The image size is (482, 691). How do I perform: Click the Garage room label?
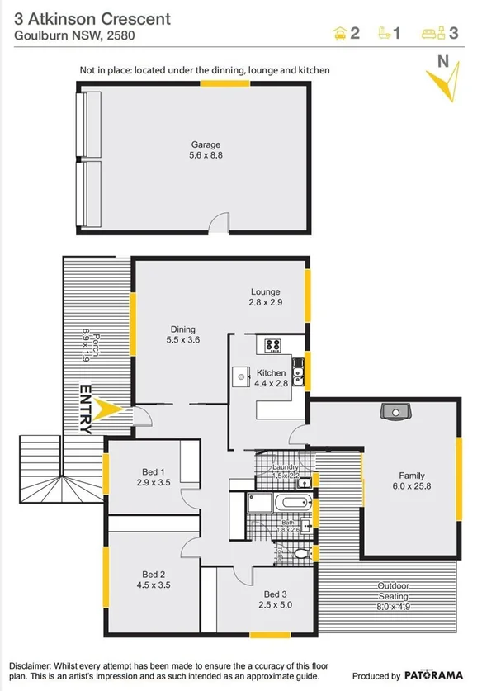tap(206, 144)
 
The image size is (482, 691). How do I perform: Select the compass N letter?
tap(442, 60)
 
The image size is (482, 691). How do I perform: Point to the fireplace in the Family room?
tap(391, 410)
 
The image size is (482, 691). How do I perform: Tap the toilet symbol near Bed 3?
tap(302, 552)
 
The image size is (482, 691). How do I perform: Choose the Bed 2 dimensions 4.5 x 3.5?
tap(154, 585)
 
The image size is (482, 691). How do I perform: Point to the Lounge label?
tap(266, 291)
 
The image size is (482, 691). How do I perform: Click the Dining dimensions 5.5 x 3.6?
tap(183, 339)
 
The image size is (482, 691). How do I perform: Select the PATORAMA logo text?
tap(439, 675)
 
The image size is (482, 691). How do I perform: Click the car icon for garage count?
tap(338, 34)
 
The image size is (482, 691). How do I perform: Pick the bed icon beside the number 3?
tap(431, 34)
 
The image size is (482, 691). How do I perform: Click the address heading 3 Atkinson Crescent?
tap(93, 18)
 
